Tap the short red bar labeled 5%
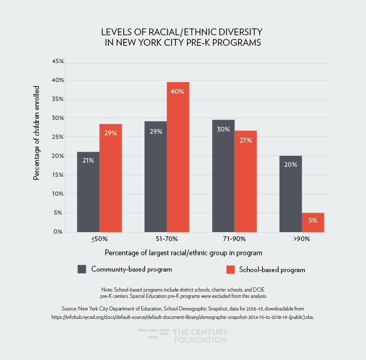point(313,222)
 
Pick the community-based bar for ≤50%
point(88,192)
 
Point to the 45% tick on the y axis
point(58,62)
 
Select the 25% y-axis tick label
point(58,137)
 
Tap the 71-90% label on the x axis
point(234,239)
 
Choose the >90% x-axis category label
point(302,239)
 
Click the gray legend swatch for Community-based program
point(82,269)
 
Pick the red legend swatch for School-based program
point(230,269)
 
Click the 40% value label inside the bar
point(177,91)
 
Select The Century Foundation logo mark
point(152,336)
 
